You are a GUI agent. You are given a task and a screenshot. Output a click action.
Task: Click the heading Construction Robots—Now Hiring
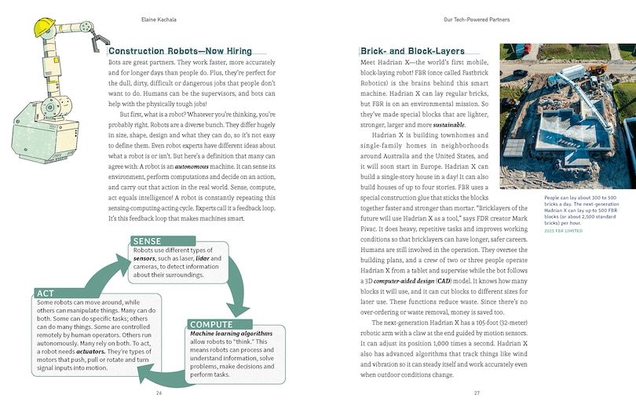pos(179,51)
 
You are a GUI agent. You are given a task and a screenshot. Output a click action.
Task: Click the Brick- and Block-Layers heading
pos(411,51)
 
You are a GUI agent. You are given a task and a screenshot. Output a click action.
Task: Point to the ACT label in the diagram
pos(46,293)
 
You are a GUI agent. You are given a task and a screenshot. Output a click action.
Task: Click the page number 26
pos(159,393)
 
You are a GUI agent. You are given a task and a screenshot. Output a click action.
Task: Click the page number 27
pos(476,393)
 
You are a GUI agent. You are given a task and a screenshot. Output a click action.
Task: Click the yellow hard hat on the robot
pos(46,27)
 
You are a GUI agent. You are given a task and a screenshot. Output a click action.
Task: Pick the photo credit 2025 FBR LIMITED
pos(541,232)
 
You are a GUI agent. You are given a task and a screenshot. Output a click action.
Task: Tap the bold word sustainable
pos(445,126)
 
